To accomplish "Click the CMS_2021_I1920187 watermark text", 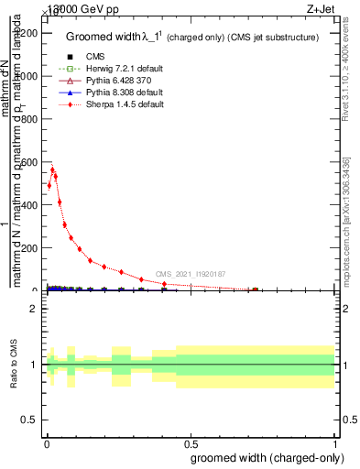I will pyautogui.click(x=190, y=274).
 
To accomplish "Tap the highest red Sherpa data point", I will pyautogui.click(x=52, y=169).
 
